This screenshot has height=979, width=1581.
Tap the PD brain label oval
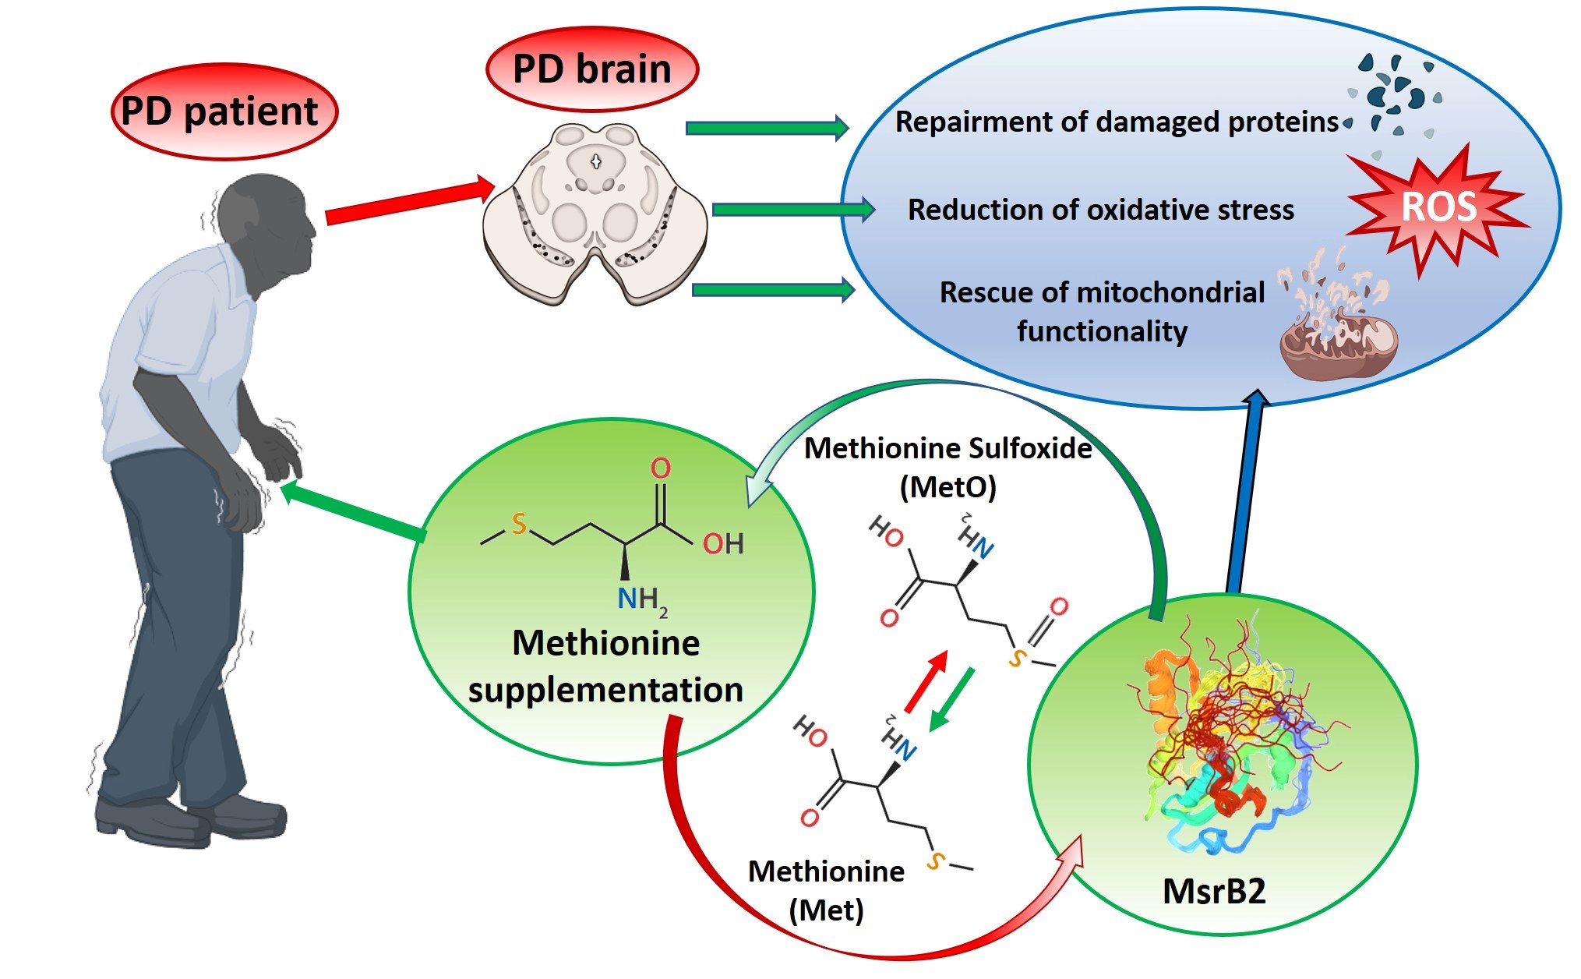coord(592,69)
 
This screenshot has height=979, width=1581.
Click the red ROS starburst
coord(1438,208)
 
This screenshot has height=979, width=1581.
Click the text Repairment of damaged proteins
coord(1116,122)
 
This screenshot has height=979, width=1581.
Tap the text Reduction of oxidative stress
coord(1100,210)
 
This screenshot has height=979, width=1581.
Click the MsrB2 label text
coord(1214,891)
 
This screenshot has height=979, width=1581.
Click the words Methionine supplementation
coord(605,666)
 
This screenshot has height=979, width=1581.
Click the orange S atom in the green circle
coord(519,524)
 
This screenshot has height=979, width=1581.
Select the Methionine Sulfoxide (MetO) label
coord(948,467)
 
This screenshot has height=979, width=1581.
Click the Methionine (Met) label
coord(826,890)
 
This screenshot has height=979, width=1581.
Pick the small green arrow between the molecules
coord(953,698)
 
